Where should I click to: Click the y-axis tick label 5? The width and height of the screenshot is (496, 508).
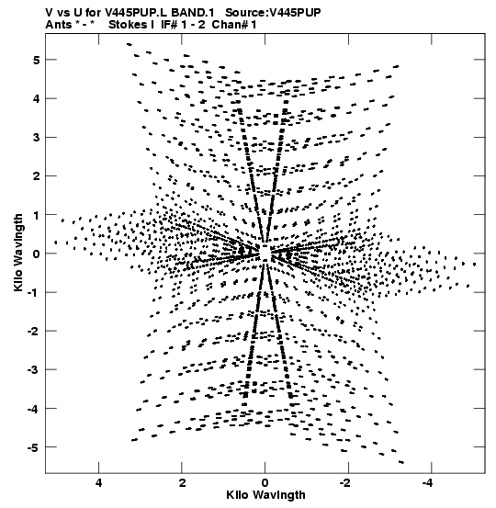[36, 60]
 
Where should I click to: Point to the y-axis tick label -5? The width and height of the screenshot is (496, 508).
[33, 447]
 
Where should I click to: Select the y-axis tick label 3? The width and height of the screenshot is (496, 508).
[36, 138]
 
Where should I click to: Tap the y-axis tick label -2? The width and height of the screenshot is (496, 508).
[33, 331]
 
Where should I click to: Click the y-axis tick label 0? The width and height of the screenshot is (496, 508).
[36, 254]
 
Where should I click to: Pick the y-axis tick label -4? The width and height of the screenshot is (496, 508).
[33, 409]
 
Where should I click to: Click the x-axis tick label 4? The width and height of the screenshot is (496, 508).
[99, 483]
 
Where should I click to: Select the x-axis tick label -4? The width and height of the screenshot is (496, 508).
[428, 483]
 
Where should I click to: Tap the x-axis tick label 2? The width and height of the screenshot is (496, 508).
[182, 483]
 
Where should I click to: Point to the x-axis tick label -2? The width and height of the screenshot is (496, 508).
[345, 483]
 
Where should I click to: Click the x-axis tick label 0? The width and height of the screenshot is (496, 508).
[265, 483]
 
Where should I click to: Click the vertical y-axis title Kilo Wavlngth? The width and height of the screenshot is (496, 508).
[18, 253]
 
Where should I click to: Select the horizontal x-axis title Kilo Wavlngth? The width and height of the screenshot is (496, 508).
[265, 495]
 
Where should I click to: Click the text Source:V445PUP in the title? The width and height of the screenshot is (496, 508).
[273, 12]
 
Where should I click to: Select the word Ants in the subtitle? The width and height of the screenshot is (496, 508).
[58, 25]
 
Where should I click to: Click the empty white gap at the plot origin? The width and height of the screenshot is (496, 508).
[265, 253]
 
